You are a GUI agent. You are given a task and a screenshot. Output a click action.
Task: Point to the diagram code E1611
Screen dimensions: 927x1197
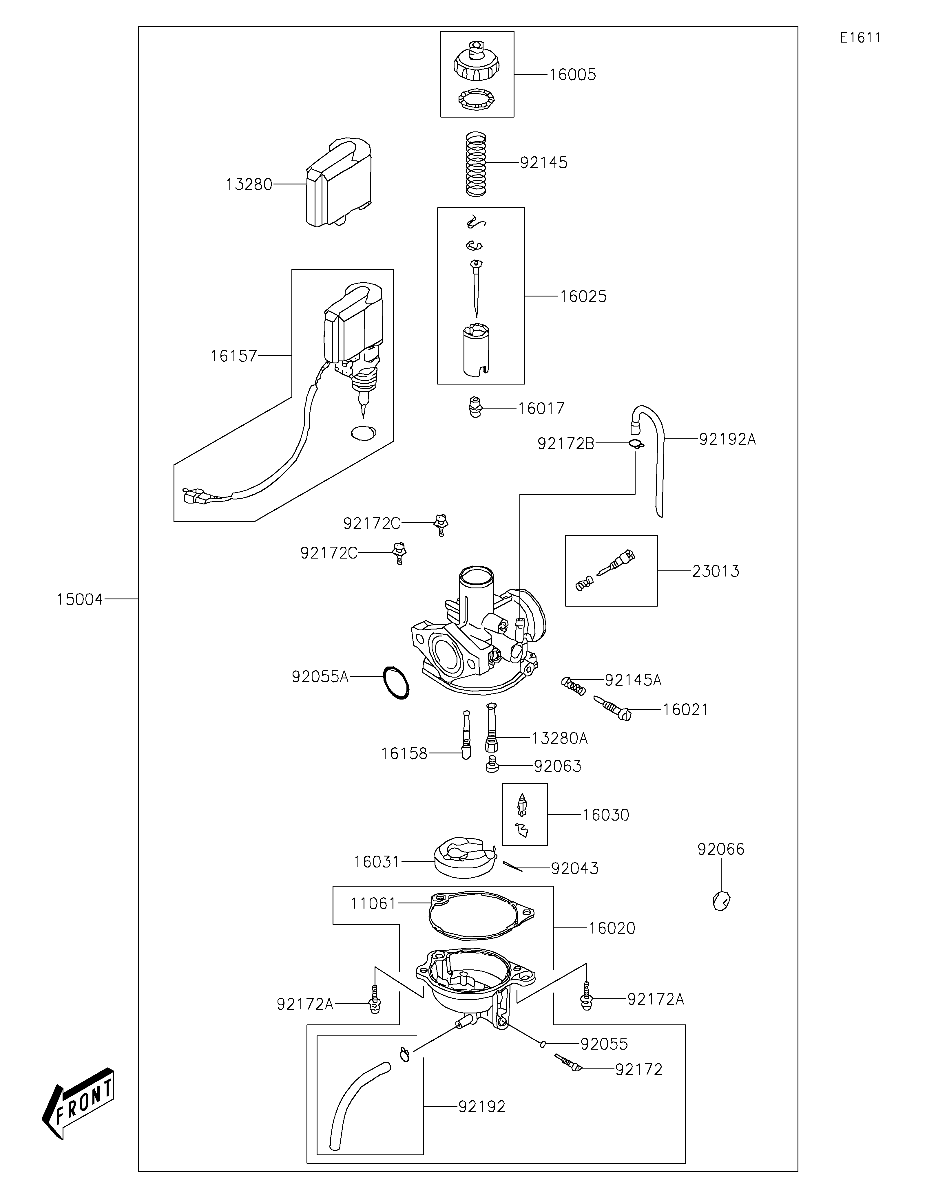click(861, 38)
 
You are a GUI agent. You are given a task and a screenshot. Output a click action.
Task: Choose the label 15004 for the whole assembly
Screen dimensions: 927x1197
click(79, 600)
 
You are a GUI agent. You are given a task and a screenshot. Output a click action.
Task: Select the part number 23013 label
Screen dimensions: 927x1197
click(716, 571)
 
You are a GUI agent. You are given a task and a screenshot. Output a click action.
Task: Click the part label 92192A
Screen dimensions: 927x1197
click(727, 439)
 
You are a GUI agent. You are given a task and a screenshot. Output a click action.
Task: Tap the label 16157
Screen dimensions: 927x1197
click(233, 356)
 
